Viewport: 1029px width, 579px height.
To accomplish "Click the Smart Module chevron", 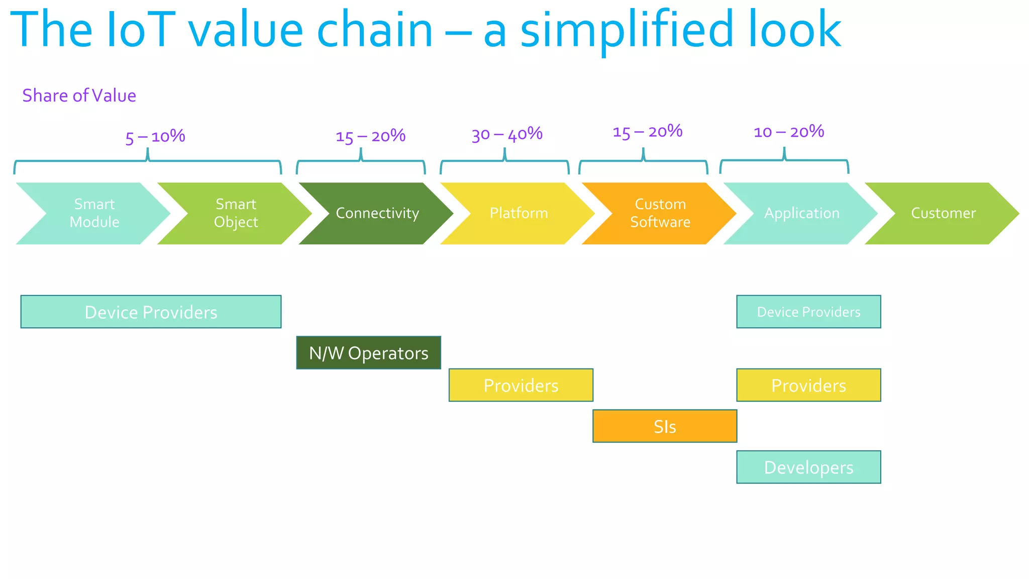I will point(94,213).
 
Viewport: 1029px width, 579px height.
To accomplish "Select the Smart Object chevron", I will point(236,213).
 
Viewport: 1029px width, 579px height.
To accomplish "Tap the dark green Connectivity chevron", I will point(377,213).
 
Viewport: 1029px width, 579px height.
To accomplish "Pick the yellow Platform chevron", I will point(519,213).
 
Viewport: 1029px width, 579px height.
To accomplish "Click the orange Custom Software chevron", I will point(660,213).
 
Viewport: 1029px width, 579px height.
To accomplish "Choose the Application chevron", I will point(802,213).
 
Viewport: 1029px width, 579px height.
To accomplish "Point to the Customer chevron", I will point(943,213).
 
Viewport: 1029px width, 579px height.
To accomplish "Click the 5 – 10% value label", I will point(155,137).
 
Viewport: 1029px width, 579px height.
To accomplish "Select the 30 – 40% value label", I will point(507,135).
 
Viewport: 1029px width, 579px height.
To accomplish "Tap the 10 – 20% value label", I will point(789,132).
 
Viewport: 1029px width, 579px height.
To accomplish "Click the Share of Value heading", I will point(79,95).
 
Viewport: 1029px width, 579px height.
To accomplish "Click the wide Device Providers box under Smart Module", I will point(151,312).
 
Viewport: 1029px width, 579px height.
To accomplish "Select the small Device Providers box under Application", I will point(808,312).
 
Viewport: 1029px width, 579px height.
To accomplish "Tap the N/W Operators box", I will point(368,353).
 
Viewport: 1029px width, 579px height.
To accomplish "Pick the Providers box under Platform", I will point(521,385).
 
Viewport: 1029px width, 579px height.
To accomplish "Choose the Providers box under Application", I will point(808,385).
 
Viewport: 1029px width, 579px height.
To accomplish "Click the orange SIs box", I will point(664,426).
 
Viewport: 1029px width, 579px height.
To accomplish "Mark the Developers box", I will point(808,467).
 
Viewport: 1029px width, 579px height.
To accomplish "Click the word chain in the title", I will point(374,30).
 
